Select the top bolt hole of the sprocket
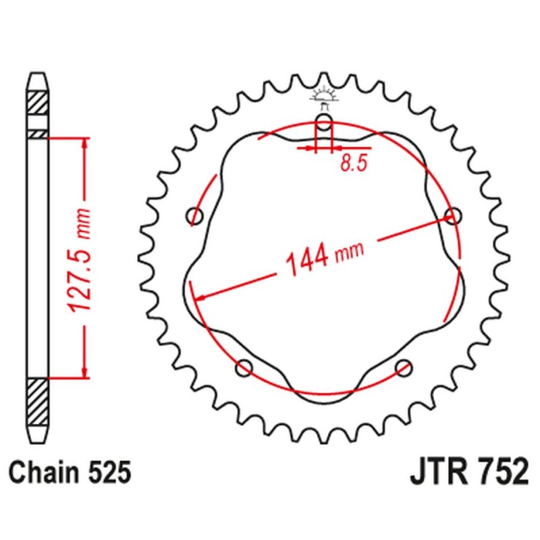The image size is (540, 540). [324, 124]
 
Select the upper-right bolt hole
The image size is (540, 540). [453, 216]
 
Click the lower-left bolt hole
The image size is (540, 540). [244, 368]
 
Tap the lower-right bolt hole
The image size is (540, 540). [404, 368]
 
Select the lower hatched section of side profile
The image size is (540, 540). [38, 401]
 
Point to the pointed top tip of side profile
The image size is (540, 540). [38, 76]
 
